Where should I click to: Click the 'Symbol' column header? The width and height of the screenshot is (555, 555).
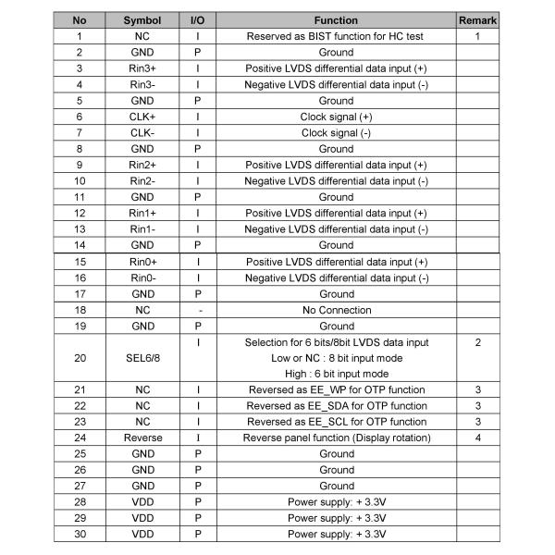[x=142, y=19]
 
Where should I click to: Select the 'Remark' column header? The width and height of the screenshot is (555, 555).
[x=477, y=19]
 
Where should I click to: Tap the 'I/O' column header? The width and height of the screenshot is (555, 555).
[x=197, y=19]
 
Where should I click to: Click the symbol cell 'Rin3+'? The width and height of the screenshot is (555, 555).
[x=142, y=68]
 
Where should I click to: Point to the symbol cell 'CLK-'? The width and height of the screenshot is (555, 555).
[x=142, y=132]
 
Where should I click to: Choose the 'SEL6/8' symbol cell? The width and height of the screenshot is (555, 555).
[x=142, y=358]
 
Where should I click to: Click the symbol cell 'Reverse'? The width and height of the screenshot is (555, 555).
[x=142, y=438]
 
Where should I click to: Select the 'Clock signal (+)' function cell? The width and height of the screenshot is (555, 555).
[x=336, y=117]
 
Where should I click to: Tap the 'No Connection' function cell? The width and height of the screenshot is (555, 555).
[x=336, y=310]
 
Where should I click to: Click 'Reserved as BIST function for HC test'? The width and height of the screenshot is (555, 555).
[x=336, y=36]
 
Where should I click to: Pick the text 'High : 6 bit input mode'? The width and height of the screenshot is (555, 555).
[x=336, y=374]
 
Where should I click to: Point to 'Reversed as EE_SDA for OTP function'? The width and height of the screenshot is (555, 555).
[x=336, y=405]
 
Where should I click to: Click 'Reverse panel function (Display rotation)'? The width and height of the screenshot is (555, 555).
[x=336, y=438]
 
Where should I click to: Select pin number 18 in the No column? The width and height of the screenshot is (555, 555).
[x=80, y=310]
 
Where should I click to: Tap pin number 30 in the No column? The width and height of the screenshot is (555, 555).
[x=80, y=534]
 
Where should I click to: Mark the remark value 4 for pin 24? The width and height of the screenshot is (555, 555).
[x=477, y=438]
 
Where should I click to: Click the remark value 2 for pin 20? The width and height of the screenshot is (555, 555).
[x=477, y=342]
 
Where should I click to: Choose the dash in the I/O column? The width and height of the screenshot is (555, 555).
[x=197, y=310]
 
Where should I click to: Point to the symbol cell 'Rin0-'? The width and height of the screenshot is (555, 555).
[x=142, y=277]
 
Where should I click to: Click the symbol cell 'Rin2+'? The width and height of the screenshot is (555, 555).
[x=142, y=165]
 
